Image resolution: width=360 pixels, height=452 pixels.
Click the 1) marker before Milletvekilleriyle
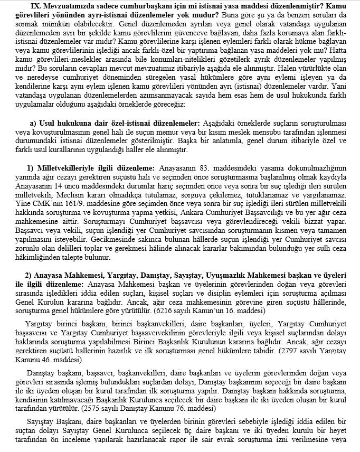29,167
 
